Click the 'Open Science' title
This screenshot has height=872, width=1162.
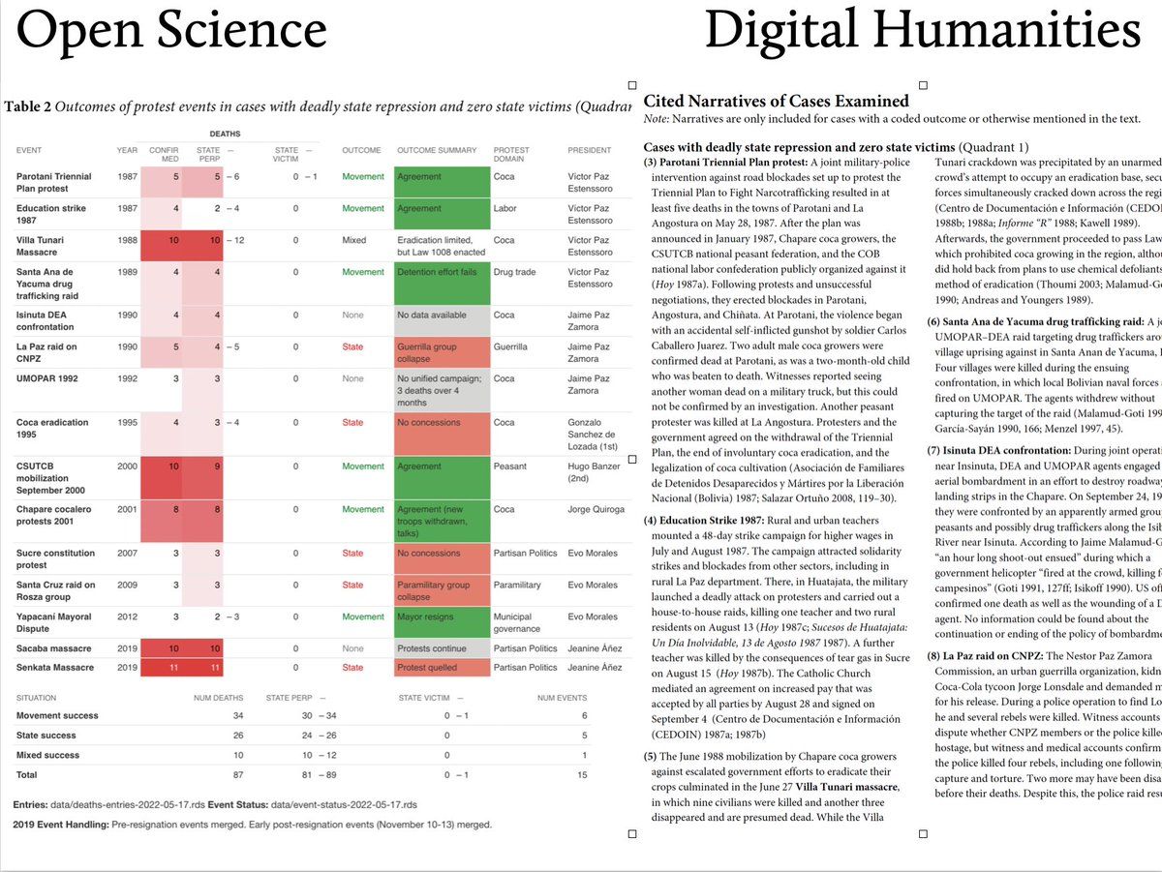172,33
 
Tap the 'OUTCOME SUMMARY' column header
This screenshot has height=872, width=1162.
437,150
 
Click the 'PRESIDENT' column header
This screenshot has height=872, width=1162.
589,150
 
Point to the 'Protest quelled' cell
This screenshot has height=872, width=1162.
427,668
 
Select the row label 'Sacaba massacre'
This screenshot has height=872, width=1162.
55,648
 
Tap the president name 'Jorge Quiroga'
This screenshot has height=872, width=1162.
596,509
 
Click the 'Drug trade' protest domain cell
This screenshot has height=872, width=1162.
513,272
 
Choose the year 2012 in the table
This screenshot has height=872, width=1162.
127,616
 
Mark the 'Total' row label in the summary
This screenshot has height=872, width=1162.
27,775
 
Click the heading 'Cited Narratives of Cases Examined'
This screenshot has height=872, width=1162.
776,101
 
